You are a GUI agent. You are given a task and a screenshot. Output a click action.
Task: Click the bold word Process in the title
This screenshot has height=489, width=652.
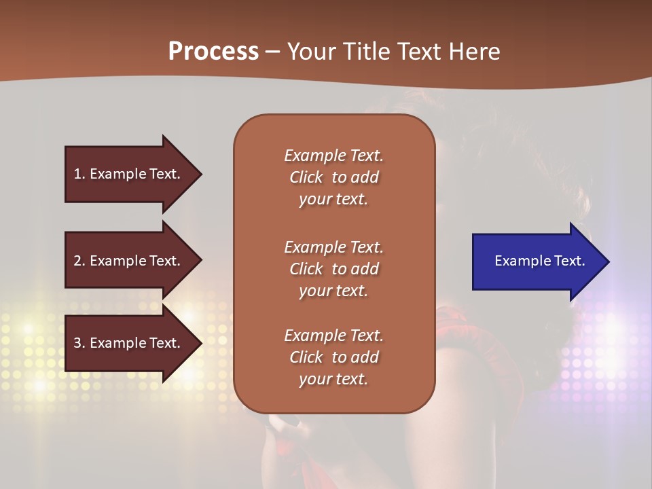[213, 52]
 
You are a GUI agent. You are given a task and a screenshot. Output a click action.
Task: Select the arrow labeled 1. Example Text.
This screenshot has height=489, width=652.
[129, 174]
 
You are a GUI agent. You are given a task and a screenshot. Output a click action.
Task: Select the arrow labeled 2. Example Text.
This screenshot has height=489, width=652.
[129, 261]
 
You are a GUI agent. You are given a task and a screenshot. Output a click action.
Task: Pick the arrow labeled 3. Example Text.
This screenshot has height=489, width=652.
[129, 343]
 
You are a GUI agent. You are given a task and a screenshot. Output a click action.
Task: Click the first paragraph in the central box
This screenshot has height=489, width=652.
[333, 177]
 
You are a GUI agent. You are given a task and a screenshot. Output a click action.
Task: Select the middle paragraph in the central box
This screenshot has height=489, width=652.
[333, 269]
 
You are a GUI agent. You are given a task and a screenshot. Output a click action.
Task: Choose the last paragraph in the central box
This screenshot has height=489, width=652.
[333, 357]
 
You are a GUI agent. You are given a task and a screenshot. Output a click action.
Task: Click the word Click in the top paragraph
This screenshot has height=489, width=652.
[306, 177]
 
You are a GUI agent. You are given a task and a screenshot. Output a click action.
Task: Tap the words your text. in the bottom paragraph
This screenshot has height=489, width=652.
[333, 379]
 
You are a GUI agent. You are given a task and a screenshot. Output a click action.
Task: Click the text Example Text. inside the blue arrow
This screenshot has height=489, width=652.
[539, 261]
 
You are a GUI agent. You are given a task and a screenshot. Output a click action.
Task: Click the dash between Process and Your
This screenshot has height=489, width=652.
[273, 52]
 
